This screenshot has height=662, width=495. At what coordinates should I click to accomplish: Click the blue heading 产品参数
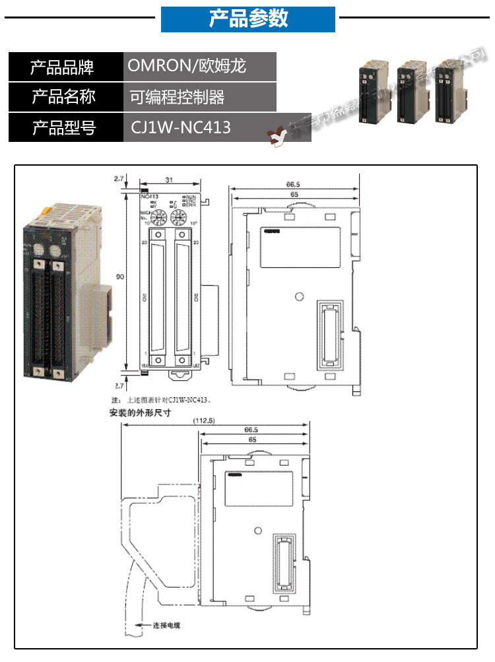click(x=248, y=19)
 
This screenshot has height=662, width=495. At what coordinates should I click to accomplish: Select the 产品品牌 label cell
click(x=63, y=67)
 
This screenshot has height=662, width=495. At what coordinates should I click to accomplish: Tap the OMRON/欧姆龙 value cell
click(x=186, y=67)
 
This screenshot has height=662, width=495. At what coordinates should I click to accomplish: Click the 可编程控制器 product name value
click(x=177, y=98)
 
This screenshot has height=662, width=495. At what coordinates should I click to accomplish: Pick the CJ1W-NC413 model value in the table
click(x=180, y=127)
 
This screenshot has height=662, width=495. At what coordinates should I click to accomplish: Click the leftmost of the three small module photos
click(x=371, y=92)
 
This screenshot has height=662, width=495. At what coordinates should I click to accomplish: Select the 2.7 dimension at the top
click(x=119, y=179)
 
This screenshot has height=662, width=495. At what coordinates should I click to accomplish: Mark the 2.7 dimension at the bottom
click(x=119, y=384)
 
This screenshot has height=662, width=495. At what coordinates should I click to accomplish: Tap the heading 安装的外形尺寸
click(x=140, y=414)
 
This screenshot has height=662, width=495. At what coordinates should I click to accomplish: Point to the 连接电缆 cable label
click(x=166, y=624)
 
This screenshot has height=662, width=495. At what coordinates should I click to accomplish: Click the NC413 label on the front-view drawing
click(x=149, y=196)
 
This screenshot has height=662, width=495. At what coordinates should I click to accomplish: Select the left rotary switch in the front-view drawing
click(x=158, y=216)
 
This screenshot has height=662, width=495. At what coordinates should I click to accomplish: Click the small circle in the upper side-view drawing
click(x=300, y=297)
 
